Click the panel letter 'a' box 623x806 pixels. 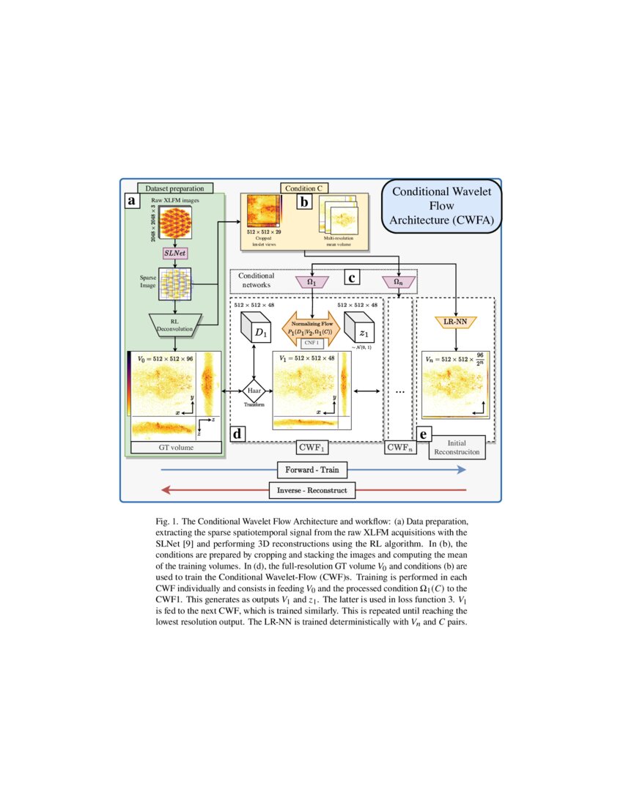click(132, 201)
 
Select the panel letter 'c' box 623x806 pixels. click(353, 278)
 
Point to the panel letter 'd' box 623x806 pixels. click(237, 433)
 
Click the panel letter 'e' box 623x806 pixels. click(423, 433)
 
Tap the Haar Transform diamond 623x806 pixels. click(253, 393)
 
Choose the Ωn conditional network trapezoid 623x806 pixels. click(398, 281)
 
